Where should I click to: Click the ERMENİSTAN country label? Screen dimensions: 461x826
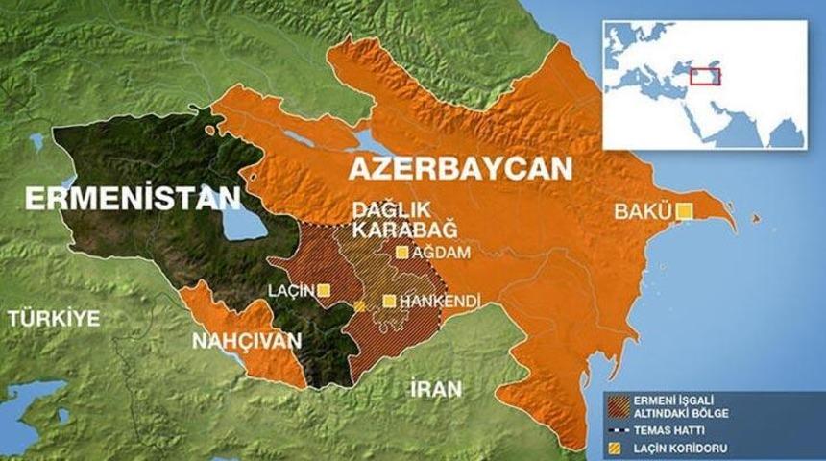132,199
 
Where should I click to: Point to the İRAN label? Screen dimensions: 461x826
435,389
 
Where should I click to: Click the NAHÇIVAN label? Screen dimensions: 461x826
247,341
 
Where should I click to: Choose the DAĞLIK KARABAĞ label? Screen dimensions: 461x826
389,221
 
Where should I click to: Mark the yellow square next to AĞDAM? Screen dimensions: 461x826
402,253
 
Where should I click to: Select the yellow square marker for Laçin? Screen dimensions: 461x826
325,289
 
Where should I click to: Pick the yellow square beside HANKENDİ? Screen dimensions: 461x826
389,302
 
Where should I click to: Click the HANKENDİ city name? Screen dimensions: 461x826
439,302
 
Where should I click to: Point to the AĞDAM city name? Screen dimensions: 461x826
441,253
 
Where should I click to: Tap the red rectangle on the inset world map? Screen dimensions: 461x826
707,77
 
